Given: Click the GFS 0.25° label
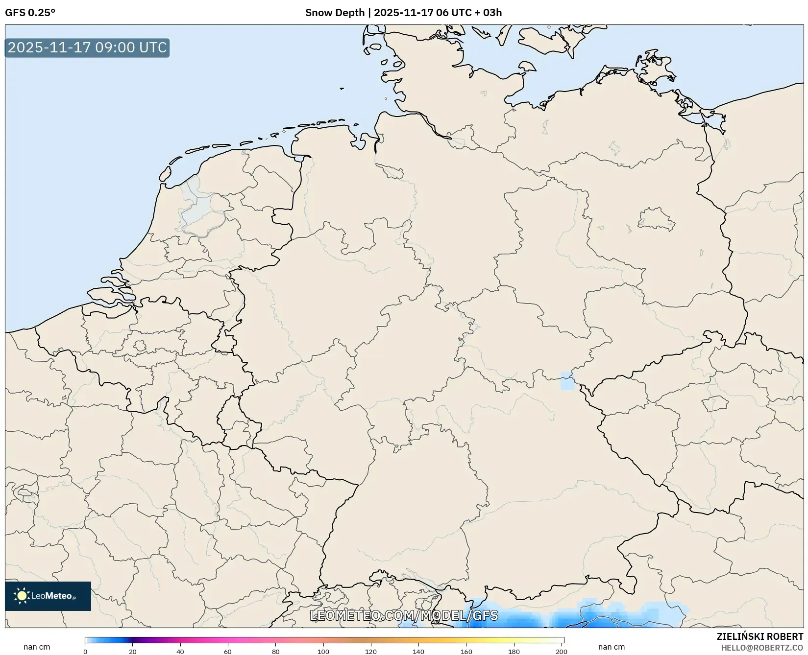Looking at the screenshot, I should (x=30, y=13).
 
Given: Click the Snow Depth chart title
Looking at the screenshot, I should (x=403, y=13).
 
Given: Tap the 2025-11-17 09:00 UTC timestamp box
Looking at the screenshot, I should (x=87, y=48).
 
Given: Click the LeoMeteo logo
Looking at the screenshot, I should (x=48, y=596).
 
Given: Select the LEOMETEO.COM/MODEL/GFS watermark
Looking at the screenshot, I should (x=404, y=615).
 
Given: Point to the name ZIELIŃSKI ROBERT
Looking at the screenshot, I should (x=760, y=637).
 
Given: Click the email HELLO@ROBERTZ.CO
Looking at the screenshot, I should (x=762, y=648).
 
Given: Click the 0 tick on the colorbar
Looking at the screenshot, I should (x=85, y=652).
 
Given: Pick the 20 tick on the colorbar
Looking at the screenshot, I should (x=132, y=652).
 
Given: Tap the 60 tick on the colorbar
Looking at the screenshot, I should (x=228, y=652).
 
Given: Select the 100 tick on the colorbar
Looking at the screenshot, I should (x=323, y=652).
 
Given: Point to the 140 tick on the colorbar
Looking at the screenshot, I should (x=418, y=652).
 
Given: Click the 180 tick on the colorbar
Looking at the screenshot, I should (x=514, y=652).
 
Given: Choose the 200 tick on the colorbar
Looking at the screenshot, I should (x=562, y=652).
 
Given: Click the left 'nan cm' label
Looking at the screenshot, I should (x=37, y=647).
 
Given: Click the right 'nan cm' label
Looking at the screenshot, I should (x=611, y=647).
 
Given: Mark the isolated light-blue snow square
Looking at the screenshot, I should (x=567, y=381).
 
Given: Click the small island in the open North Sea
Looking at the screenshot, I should (x=342, y=89).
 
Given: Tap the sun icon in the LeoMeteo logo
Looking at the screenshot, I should (x=22, y=596).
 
